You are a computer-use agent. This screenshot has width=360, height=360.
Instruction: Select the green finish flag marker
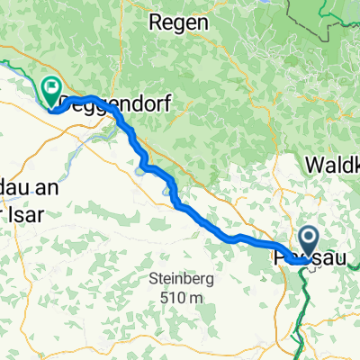click(51, 88)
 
